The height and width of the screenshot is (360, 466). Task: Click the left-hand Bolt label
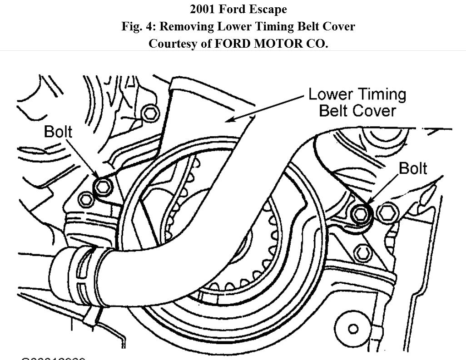58,132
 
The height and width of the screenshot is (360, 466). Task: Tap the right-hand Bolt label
413,168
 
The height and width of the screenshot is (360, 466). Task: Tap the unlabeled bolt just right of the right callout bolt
387,212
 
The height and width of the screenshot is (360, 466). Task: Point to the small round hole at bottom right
352,329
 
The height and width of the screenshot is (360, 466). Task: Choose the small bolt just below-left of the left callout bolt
86,198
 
